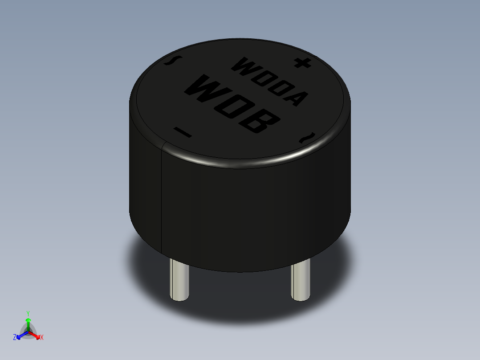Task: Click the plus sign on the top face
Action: coord(302,63)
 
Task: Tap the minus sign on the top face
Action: coord(182,132)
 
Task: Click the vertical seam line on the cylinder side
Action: coord(161,196)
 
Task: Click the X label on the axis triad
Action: coord(42,338)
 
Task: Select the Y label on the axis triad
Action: coord(28,313)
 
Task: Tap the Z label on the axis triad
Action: coord(15,338)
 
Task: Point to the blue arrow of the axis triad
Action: coord(20,335)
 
